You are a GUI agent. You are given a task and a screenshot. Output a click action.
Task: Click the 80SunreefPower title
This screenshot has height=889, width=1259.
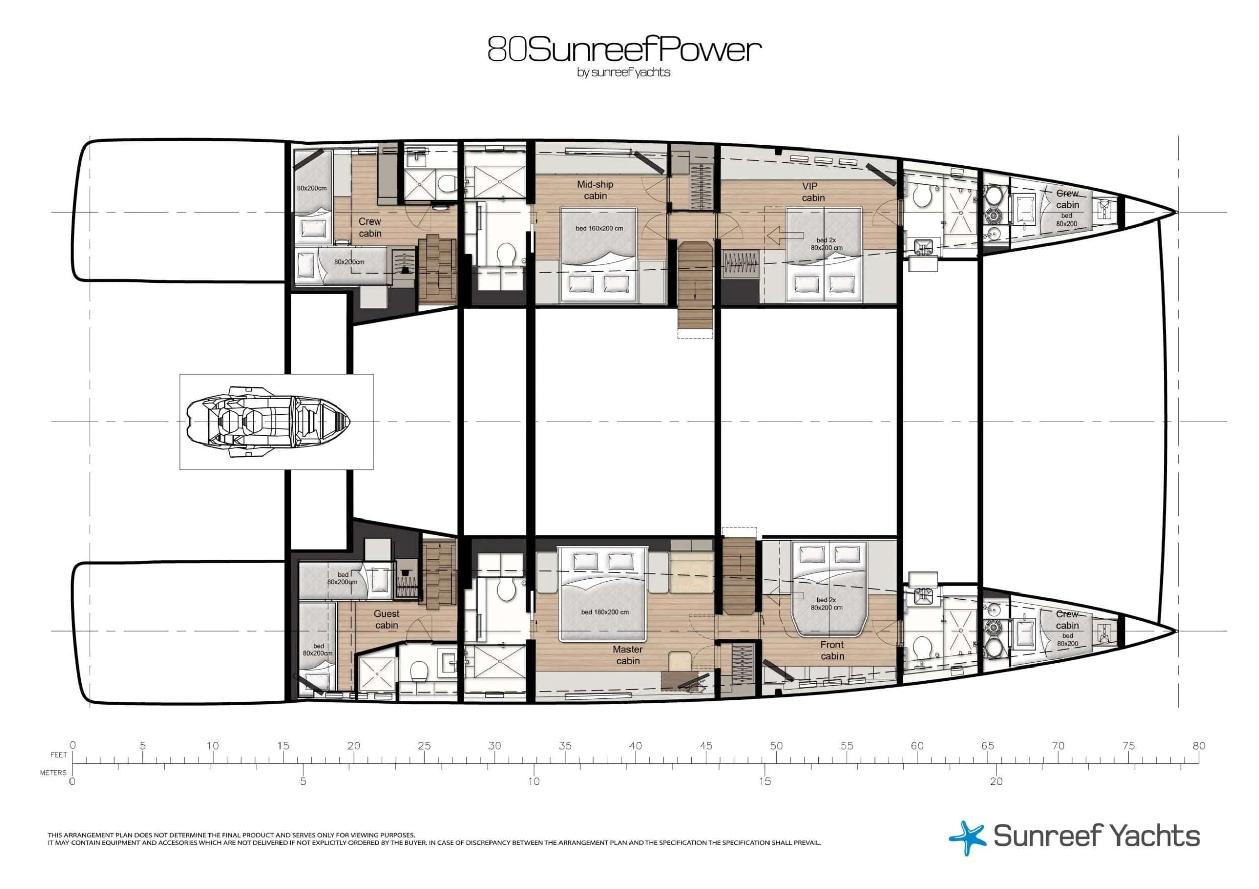tap(624, 49)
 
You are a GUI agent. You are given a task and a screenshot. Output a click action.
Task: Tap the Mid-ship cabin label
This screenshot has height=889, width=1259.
tap(595, 190)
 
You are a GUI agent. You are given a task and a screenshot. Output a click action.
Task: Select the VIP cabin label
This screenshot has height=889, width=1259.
tap(813, 191)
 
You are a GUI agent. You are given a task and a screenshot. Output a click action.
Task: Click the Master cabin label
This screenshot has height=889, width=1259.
tap(628, 655)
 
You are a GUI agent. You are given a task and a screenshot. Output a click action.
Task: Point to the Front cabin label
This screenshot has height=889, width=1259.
tap(832, 650)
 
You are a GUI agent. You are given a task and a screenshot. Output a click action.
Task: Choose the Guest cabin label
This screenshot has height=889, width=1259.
tap(387, 619)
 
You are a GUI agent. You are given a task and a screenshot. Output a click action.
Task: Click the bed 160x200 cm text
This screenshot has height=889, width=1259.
tap(599, 228)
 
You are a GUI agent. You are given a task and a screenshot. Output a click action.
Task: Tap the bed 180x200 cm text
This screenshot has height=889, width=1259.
tap(605, 612)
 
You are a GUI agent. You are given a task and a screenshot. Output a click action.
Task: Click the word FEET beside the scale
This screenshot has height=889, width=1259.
tap(59, 755)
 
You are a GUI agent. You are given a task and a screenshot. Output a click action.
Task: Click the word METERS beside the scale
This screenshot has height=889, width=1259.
tap(53, 773)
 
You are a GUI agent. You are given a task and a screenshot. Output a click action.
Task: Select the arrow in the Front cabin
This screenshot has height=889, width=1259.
tap(785, 596)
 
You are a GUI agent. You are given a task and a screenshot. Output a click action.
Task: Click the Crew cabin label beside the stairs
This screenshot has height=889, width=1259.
tap(370, 228)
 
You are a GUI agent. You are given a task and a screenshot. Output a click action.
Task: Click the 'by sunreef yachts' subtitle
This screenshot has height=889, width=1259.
tap(623, 72)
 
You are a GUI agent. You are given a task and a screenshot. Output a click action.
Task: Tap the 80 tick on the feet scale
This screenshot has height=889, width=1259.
tap(1199, 759)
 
